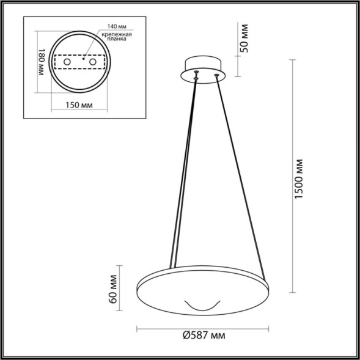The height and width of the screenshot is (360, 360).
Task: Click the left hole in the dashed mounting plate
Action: click(x=67, y=62)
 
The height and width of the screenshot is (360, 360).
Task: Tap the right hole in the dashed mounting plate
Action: click(x=92, y=62)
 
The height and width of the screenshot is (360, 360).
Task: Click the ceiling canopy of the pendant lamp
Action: click(x=204, y=67)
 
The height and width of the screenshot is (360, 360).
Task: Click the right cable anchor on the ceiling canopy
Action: click(x=215, y=75)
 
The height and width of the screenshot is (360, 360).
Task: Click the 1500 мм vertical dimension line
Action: click(x=287, y=177)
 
